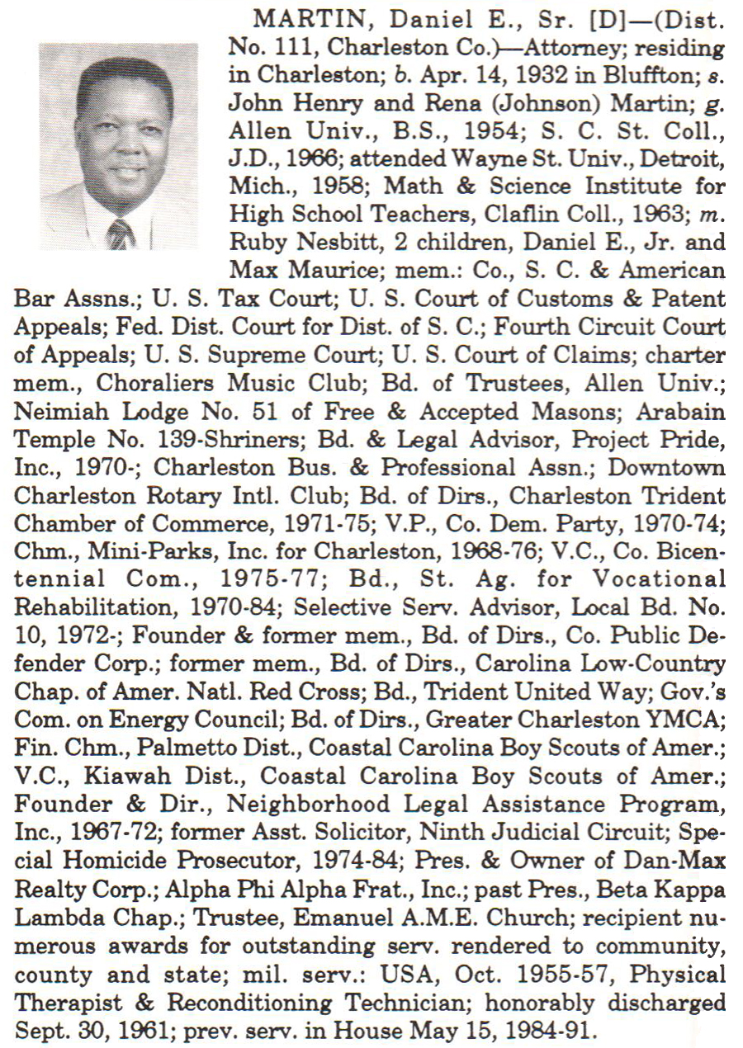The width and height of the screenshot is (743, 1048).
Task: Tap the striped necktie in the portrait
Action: (121, 234)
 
